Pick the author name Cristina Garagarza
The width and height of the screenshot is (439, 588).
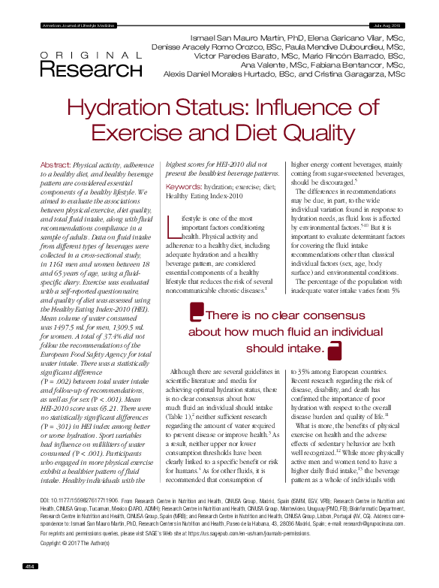(x=371, y=74)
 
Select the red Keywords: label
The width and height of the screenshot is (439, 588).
(x=182, y=185)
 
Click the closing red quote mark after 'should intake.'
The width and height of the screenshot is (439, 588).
(x=335, y=349)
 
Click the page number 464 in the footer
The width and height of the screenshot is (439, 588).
(x=31, y=565)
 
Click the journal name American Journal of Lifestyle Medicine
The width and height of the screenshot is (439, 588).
(x=76, y=26)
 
